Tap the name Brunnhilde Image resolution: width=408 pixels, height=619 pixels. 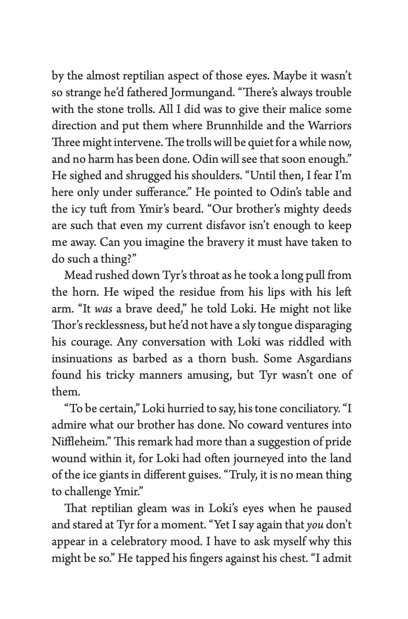pos(234,126)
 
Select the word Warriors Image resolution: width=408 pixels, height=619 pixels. pos(329,126)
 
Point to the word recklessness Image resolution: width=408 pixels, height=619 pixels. pos(114,326)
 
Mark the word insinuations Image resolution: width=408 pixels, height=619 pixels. pos(82,359)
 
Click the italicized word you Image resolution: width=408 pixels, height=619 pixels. pos(315,525)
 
